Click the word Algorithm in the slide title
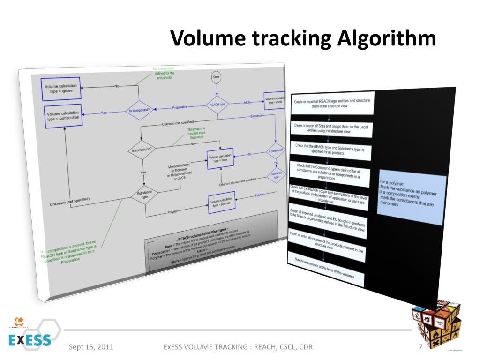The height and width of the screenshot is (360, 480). click(386, 39)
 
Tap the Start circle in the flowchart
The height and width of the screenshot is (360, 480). click(216, 77)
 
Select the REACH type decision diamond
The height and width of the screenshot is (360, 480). click(218, 105)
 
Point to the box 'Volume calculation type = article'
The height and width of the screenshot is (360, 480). click(275, 100)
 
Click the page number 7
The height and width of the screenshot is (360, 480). click(420, 347)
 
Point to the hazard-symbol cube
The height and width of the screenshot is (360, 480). click(436, 323)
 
